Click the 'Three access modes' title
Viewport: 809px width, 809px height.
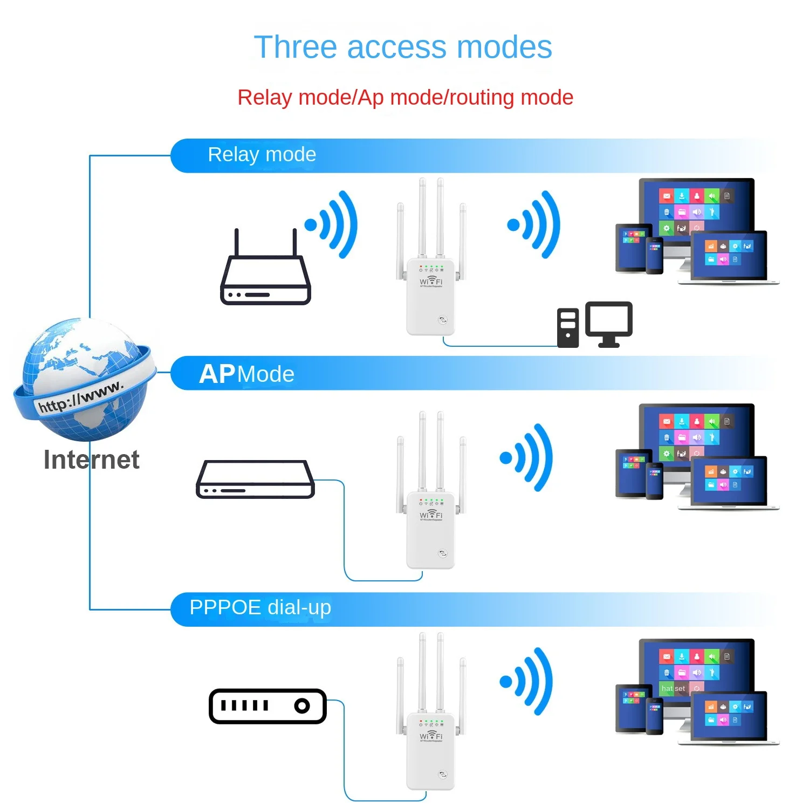point(403,47)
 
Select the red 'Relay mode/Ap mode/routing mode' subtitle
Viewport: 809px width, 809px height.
point(405,98)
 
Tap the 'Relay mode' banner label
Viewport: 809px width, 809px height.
point(262,155)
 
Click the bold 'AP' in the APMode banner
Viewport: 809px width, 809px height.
point(217,374)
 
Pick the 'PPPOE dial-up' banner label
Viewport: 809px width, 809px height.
point(260,607)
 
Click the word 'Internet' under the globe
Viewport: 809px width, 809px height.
point(91,460)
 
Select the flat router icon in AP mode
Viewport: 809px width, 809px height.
point(255,479)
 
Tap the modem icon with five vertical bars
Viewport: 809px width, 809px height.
point(268,706)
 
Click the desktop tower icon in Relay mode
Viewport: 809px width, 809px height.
point(567,328)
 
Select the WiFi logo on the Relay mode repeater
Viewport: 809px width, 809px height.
point(431,281)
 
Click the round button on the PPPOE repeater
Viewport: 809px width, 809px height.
point(443,774)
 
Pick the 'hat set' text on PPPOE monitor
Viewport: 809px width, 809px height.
point(673,689)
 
